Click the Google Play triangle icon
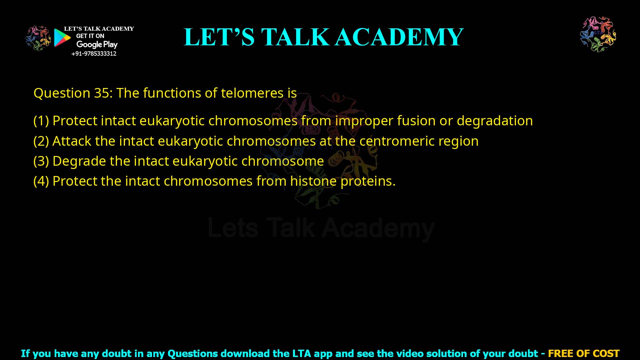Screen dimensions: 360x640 point(62,38)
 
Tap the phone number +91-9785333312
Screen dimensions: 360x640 point(94,54)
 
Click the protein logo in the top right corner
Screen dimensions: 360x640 point(598,34)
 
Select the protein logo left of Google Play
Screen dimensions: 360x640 point(38,38)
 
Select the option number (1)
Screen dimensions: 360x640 point(41,121)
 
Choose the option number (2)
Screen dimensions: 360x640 point(41,141)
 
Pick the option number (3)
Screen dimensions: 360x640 point(41,161)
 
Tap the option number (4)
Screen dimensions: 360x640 point(41,181)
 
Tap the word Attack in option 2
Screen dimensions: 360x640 point(72,141)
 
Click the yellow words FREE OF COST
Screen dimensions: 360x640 point(584,353)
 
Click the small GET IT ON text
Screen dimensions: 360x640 point(90,36)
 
